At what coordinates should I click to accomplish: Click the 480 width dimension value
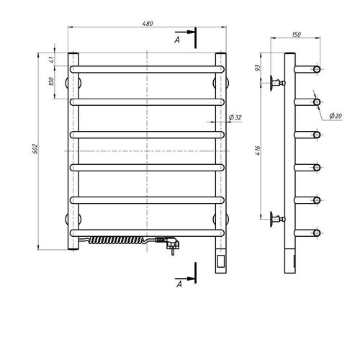[148, 24]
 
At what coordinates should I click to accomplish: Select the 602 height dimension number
[35, 149]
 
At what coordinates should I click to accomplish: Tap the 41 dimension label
[51, 60]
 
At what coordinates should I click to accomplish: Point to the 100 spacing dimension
[51, 82]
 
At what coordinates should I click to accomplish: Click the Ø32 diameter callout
[235, 117]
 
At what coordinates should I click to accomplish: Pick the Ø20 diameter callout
[336, 116]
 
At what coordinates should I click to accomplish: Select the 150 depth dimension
[297, 35]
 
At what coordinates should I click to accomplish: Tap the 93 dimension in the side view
[258, 68]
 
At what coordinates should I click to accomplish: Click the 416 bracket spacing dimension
[258, 150]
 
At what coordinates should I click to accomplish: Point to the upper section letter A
[177, 40]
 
